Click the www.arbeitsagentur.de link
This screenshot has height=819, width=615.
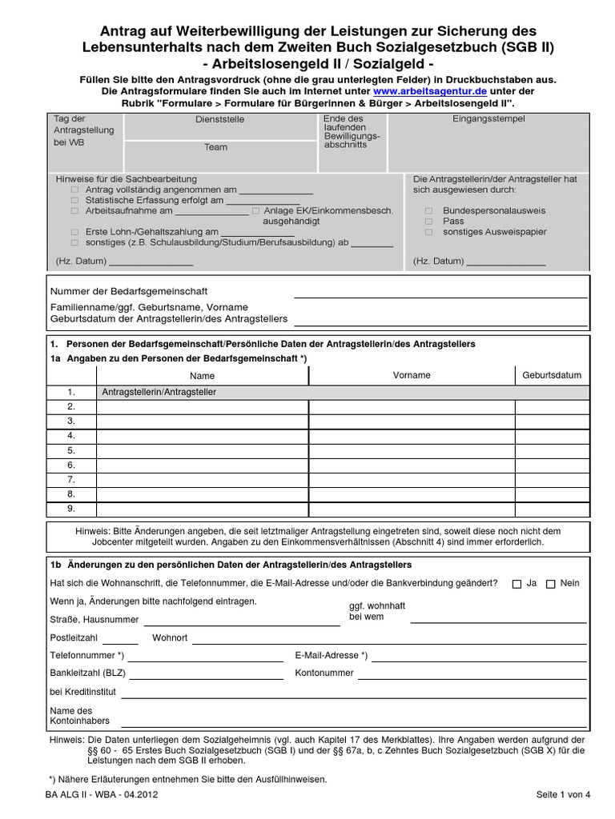click(430, 92)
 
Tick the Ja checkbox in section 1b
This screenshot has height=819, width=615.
click(517, 584)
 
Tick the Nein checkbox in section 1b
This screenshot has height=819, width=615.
click(550, 584)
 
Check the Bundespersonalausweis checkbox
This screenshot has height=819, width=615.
click(428, 210)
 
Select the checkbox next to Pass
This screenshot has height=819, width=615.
click(428, 221)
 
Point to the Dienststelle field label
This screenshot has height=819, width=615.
click(220, 119)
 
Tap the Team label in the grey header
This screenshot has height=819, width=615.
click(215, 147)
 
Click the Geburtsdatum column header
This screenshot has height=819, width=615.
click(552, 375)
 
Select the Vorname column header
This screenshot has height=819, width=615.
click(412, 375)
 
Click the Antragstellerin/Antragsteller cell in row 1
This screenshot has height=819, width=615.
click(160, 392)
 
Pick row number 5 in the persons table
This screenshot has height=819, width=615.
click(71, 450)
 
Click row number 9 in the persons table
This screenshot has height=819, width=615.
click(71, 508)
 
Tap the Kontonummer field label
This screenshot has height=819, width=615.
click(324, 673)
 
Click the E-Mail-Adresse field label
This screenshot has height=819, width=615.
click(332, 656)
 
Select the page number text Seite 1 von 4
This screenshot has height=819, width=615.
click(563, 794)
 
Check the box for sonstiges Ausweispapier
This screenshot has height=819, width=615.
click(428, 232)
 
